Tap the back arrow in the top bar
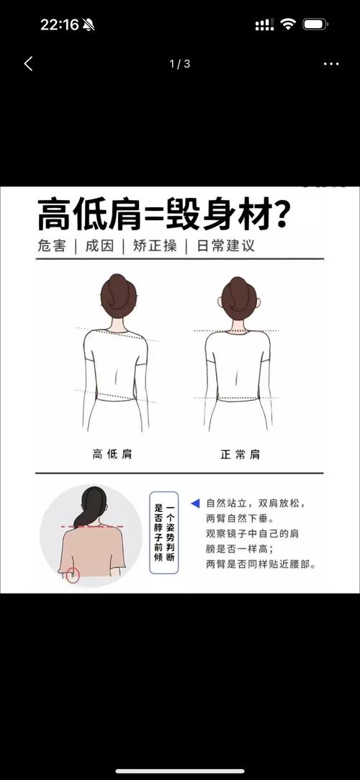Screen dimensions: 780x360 click(28, 64)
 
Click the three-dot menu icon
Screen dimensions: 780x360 click(330, 64)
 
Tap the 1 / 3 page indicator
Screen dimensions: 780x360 click(179, 64)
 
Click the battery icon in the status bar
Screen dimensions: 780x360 click(315, 24)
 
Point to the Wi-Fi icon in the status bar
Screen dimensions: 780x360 click(288, 24)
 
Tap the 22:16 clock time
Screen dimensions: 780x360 click(59, 24)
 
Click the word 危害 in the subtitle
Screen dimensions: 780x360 click(51, 245)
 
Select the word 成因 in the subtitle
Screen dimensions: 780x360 click(99, 245)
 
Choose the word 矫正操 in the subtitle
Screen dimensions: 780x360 click(154, 245)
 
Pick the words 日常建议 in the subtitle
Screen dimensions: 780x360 click(224, 245)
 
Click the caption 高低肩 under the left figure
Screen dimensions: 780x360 click(117, 454)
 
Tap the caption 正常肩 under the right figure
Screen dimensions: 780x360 click(240, 454)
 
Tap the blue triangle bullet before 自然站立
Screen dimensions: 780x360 click(194, 503)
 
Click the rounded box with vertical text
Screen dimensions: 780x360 click(163, 532)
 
